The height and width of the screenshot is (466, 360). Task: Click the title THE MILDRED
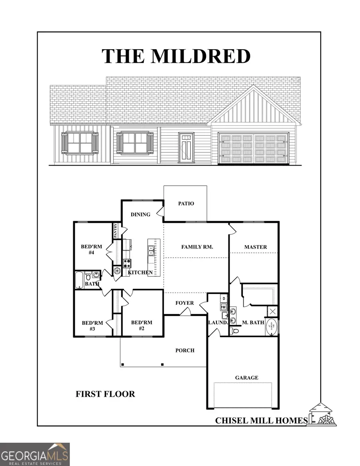tap(176, 56)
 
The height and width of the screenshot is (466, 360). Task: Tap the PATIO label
tap(186, 204)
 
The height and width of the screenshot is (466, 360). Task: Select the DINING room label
tap(141, 214)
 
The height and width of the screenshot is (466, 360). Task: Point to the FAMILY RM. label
tap(197, 247)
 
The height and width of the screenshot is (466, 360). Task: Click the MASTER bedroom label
tap(256, 247)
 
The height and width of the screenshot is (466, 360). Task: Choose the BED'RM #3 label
tap(92, 326)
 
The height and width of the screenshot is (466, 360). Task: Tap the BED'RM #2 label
tap(142, 326)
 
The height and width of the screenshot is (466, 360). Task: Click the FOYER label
tap(185, 303)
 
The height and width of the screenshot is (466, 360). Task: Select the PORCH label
tap(185, 350)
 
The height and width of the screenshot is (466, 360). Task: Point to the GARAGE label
tap(246, 378)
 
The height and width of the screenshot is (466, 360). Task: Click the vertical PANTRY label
tap(116, 231)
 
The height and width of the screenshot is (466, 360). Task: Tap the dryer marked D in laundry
tap(224, 298)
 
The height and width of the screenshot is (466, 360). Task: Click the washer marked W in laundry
tap(224, 307)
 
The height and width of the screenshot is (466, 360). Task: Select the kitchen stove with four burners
tap(127, 263)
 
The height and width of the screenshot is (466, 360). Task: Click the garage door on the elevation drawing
tap(254, 148)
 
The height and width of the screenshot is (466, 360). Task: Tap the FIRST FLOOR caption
tap(105, 394)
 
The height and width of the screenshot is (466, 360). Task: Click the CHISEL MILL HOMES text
tap(262, 420)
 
